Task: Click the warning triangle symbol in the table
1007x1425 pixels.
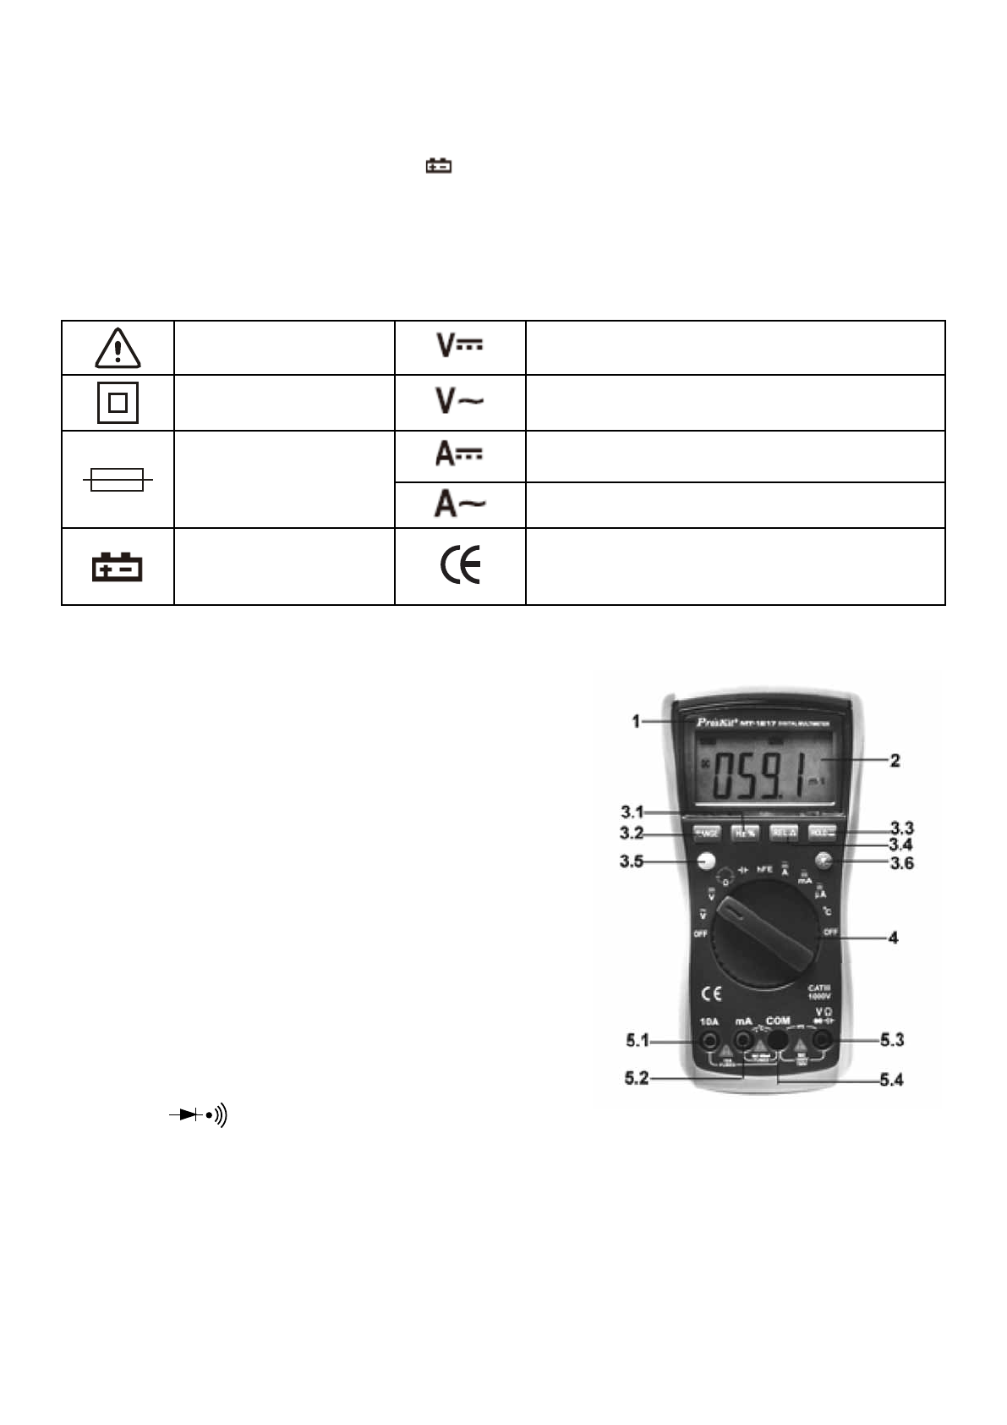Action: (x=118, y=348)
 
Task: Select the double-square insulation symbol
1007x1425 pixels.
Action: (x=118, y=404)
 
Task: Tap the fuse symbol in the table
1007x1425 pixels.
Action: (x=118, y=481)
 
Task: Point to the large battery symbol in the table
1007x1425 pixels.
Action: (x=118, y=567)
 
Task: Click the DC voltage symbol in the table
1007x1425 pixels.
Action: (x=459, y=344)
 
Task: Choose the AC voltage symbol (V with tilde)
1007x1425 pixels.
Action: (x=459, y=401)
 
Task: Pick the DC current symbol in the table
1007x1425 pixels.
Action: (x=459, y=454)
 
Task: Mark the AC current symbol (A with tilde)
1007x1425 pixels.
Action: (x=459, y=504)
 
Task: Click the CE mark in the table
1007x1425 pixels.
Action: (x=460, y=565)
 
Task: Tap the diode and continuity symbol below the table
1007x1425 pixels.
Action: (x=199, y=1116)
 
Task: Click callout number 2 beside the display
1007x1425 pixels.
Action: (x=895, y=761)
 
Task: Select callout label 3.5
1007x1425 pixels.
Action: (x=631, y=862)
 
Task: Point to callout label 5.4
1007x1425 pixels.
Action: (x=891, y=1080)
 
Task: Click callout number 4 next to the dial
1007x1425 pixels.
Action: (x=893, y=938)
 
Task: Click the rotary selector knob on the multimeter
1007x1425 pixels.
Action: (x=763, y=934)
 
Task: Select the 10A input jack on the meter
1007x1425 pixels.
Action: (x=710, y=1041)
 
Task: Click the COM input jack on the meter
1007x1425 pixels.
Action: (x=778, y=1040)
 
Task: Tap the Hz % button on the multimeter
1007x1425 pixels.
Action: (x=744, y=834)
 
